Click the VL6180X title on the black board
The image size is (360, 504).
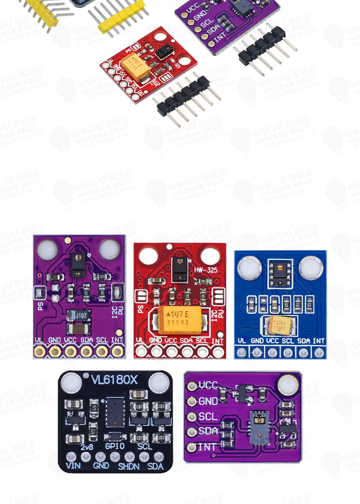[x=114, y=380]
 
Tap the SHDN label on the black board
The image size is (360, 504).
[x=129, y=467]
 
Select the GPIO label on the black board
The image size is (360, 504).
[x=114, y=446]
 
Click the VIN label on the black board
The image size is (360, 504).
[x=73, y=466]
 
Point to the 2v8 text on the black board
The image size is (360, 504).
[x=87, y=447]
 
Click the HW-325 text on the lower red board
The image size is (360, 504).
[x=206, y=270]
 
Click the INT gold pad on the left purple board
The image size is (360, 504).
[x=117, y=351]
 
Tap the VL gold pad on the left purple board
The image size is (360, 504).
[x=39, y=351]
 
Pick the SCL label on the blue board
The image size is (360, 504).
[x=288, y=341]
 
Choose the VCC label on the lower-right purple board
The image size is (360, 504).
[x=208, y=385]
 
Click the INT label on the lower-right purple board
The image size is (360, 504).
[x=207, y=447]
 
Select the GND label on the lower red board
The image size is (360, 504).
[x=156, y=340]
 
